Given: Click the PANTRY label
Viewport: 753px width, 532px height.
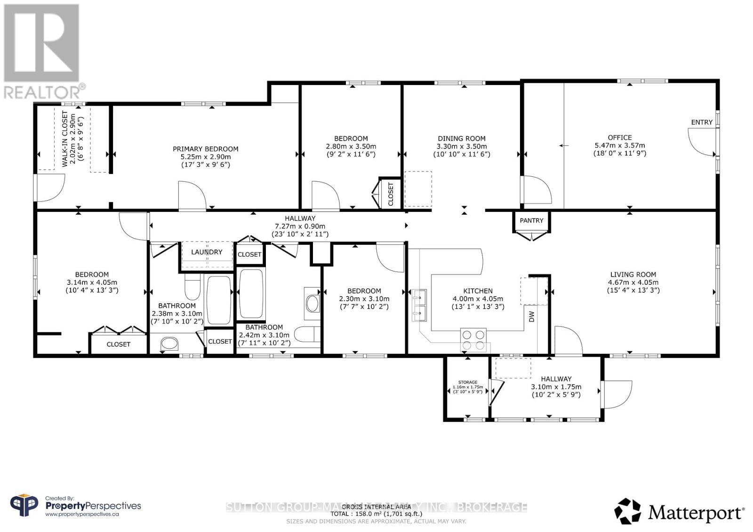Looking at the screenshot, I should click(531, 220).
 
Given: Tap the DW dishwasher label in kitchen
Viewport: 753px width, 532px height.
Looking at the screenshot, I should click(532, 317).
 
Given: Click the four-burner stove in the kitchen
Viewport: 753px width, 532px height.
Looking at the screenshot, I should click(473, 340).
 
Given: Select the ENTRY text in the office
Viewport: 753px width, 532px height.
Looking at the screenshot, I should click(702, 122).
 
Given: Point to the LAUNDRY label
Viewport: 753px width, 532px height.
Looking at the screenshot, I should click(207, 252).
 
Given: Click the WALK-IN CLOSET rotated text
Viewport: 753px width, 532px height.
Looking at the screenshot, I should click(65, 140).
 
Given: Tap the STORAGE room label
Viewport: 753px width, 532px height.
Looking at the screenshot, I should click(468, 382).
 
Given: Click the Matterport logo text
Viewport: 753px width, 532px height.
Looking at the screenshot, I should click(696, 512).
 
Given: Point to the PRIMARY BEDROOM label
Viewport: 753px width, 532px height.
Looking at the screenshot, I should click(206, 149).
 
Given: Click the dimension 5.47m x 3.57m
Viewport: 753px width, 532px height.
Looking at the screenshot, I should click(620, 146).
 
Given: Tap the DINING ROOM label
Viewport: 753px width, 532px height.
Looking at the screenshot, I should click(462, 139).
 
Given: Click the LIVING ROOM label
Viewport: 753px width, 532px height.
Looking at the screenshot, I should click(633, 274).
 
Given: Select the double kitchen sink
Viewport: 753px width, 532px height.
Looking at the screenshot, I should click(419, 305).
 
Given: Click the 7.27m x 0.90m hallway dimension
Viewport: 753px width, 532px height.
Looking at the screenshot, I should click(300, 226).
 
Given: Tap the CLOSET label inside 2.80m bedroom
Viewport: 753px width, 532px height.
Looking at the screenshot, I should click(391, 194).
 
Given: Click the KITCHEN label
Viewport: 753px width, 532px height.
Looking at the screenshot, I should click(478, 291).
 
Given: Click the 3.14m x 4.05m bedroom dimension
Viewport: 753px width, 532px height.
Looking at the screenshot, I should click(92, 282).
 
